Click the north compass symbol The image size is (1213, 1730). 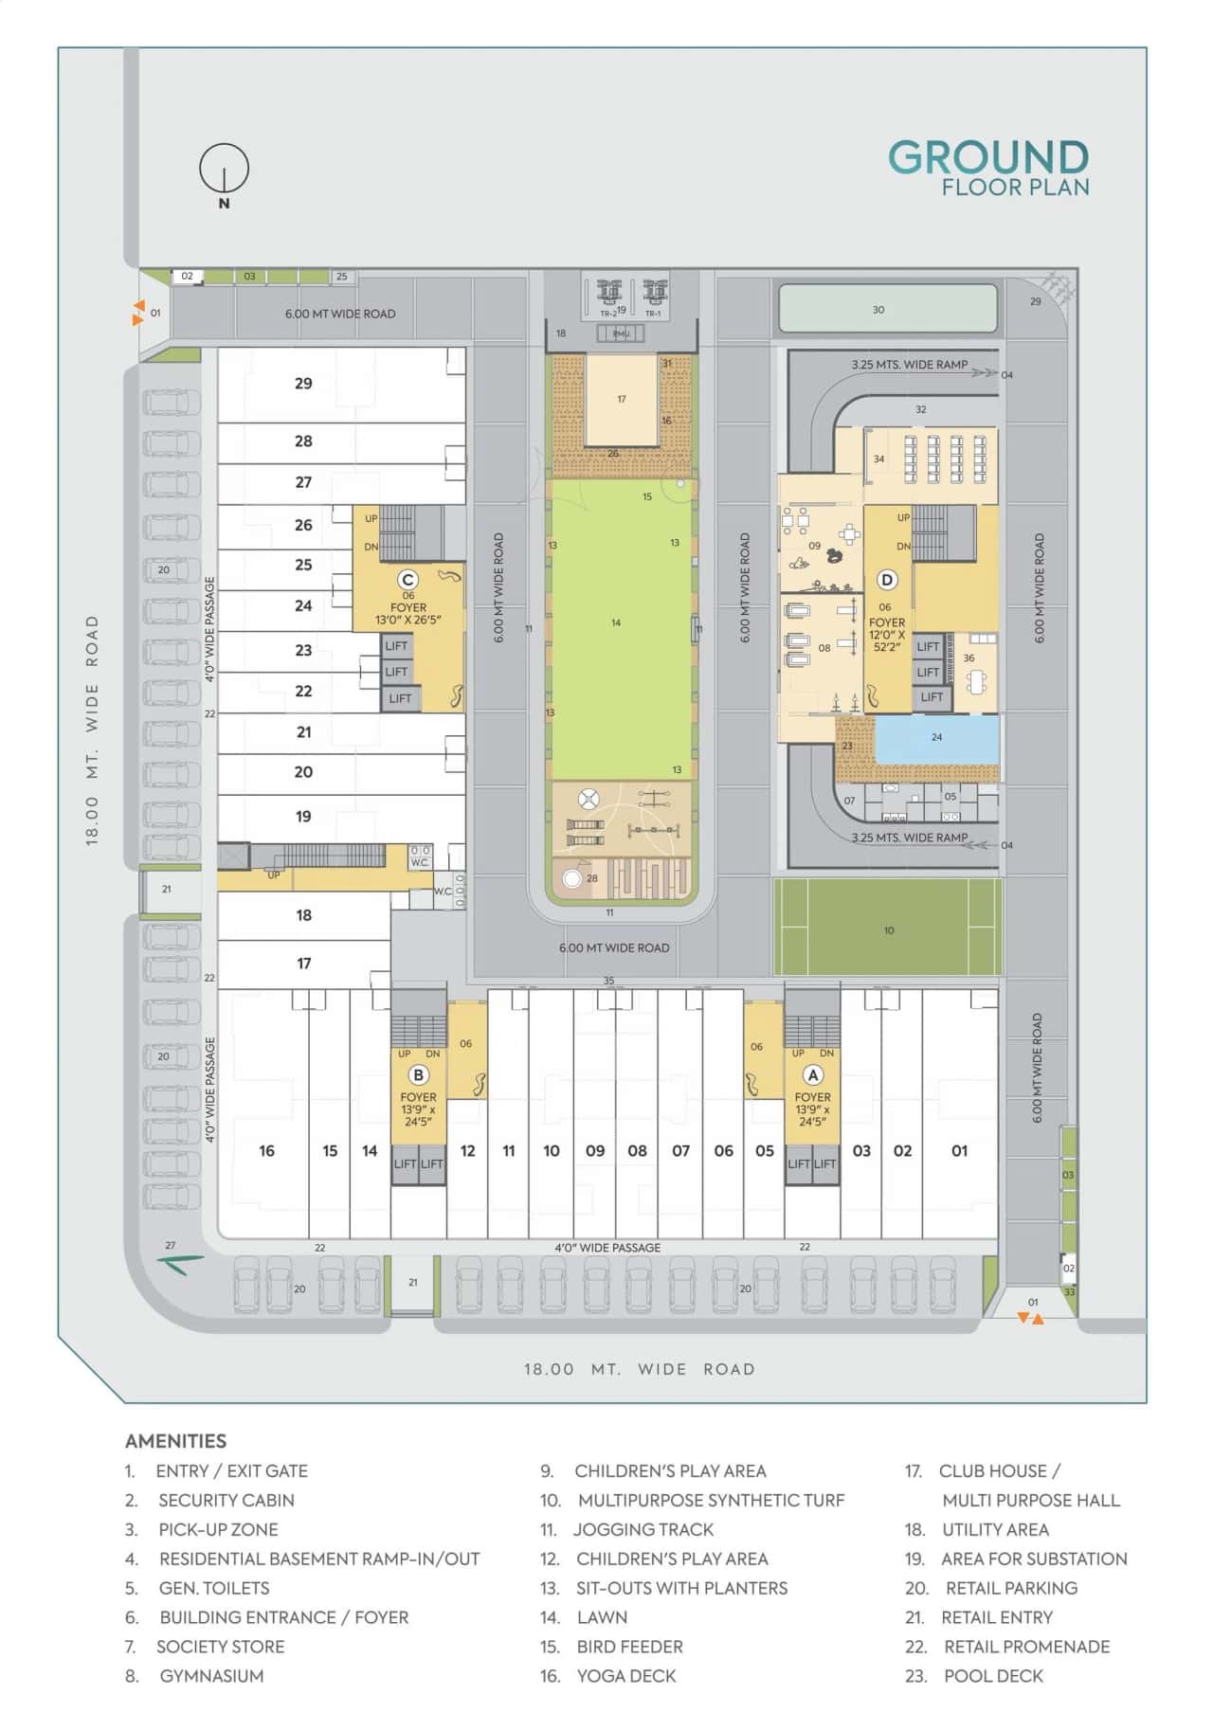coord(224,171)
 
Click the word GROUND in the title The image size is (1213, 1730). coord(988,157)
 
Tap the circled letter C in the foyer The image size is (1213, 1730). coord(407,580)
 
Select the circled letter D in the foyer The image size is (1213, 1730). coord(887,580)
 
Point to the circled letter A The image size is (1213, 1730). coord(812,1074)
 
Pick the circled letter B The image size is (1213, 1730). coord(418,1074)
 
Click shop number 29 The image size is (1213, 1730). coord(303,384)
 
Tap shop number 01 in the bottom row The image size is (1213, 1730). coord(960,1150)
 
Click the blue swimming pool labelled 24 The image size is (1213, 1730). coord(936,738)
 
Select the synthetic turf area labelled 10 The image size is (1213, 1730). coord(888,929)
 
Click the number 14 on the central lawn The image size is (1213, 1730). coord(616,622)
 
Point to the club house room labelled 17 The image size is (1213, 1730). coord(622,399)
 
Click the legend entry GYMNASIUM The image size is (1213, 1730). coord(211,1676)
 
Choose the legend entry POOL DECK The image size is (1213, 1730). coord(993,1676)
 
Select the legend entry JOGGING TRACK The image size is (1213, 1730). coord(643,1529)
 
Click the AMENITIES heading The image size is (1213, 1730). coord(176,1441)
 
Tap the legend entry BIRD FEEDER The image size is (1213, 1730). coord(629,1647)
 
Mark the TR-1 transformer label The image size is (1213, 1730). coord(653,314)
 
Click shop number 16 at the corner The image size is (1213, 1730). coord(266,1150)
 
